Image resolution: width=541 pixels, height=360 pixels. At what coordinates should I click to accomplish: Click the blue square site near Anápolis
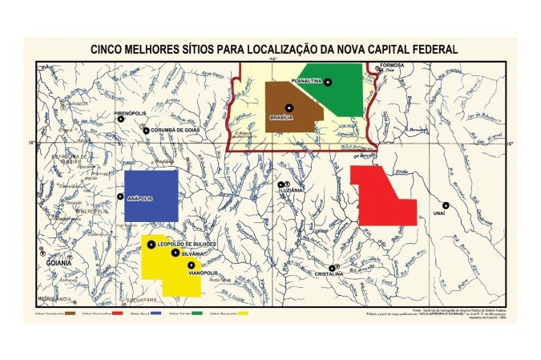(151, 195)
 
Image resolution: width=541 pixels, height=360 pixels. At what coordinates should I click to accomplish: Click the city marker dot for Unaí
(446, 205)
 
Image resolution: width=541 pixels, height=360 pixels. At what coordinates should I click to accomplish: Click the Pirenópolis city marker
(120, 119)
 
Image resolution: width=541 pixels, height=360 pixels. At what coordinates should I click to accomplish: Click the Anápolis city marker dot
(121, 196)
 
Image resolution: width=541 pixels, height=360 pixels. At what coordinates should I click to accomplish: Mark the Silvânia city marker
(176, 253)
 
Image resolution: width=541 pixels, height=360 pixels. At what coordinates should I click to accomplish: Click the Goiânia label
(59, 263)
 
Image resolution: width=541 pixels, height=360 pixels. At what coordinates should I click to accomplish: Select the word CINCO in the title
(108, 50)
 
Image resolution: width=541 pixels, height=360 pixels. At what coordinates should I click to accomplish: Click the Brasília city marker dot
(289, 107)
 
